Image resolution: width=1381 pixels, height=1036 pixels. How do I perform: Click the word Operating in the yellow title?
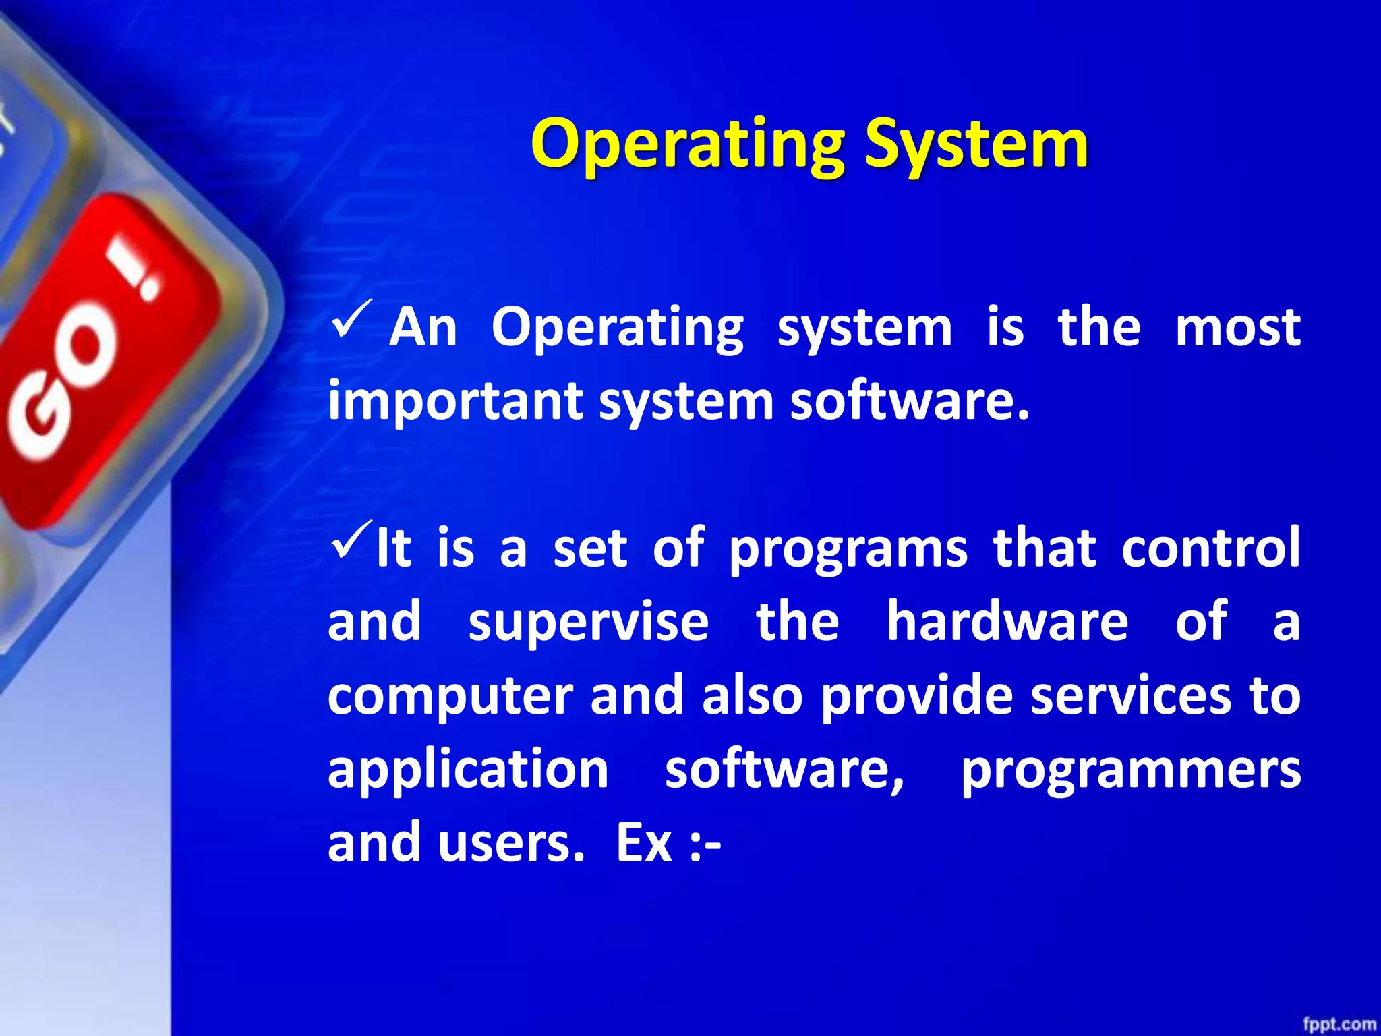(x=686, y=145)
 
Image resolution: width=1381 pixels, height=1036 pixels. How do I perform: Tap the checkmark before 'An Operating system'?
(x=351, y=319)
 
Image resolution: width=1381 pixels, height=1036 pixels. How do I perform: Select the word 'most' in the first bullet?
(x=1237, y=328)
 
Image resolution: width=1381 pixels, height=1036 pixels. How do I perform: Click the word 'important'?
(x=455, y=402)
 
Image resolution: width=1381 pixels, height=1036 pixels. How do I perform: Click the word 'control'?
(x=1211, y=548)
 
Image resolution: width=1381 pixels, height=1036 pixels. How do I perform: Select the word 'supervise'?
(x=588, y=622)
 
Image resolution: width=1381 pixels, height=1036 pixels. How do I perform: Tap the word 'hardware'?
(x=1007, y=622)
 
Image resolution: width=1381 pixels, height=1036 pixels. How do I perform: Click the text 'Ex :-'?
(x=668, y=844)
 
